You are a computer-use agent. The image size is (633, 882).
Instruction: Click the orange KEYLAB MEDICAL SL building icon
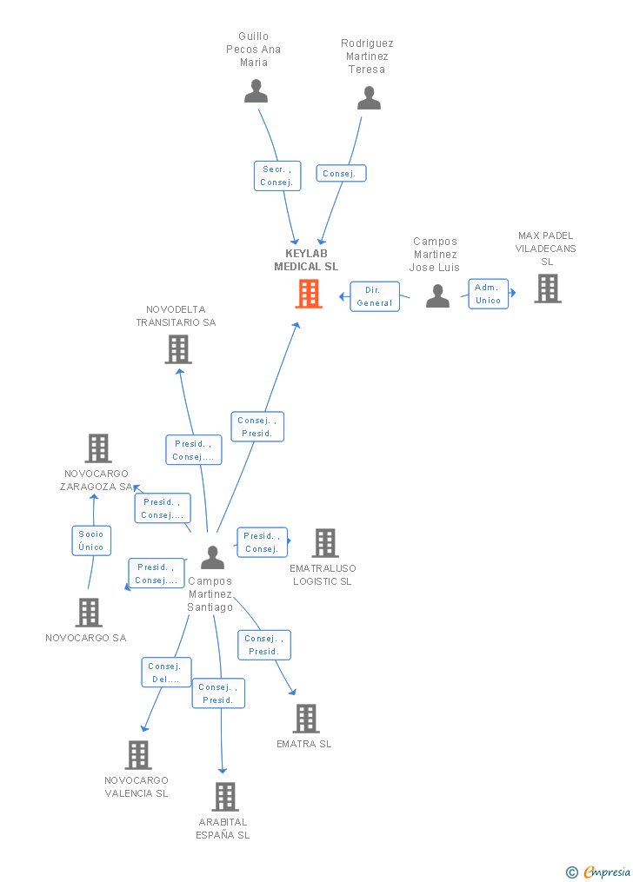click(x=309, y=294)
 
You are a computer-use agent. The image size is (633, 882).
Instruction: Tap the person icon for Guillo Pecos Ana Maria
click(x=256, y=91)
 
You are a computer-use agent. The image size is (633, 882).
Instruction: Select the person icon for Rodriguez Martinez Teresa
click(x=370, y=98)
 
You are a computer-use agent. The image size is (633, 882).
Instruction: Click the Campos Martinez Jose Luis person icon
click(x=437, y=295)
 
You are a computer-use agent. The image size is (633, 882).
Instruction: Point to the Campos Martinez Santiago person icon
click(x=213, y=557)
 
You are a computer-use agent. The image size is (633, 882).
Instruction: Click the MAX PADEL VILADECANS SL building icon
click(x=548, y=288)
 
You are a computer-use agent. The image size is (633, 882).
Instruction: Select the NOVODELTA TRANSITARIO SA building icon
click(x=178, y=349)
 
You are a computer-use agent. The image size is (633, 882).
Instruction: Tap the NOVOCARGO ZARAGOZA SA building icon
click(x=98, y=448)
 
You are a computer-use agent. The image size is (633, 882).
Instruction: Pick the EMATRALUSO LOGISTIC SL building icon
click(x=325, y=543)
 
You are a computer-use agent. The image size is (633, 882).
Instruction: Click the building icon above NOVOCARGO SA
click(x=89, y=613)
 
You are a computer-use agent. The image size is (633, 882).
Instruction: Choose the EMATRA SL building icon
click(x=306, y=719)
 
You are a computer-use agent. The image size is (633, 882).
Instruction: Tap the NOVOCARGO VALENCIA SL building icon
click(x=138, y=755)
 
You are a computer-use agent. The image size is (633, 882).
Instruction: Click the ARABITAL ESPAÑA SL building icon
click(x=225, y=797)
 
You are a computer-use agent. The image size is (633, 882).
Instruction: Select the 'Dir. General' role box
click(x=375, y=296)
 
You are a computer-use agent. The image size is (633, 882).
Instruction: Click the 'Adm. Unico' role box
click(x=489, y=294)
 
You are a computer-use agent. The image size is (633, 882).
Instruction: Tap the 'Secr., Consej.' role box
click(x=277, y=176)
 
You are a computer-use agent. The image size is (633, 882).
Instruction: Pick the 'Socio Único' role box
click(x=91, y=540)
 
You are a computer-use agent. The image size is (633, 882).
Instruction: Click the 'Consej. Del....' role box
click(x=167, y=673)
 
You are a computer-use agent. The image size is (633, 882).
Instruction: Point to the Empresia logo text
click(x=607, y=872)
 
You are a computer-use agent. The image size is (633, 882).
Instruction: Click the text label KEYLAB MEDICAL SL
click(x=306, y=260)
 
